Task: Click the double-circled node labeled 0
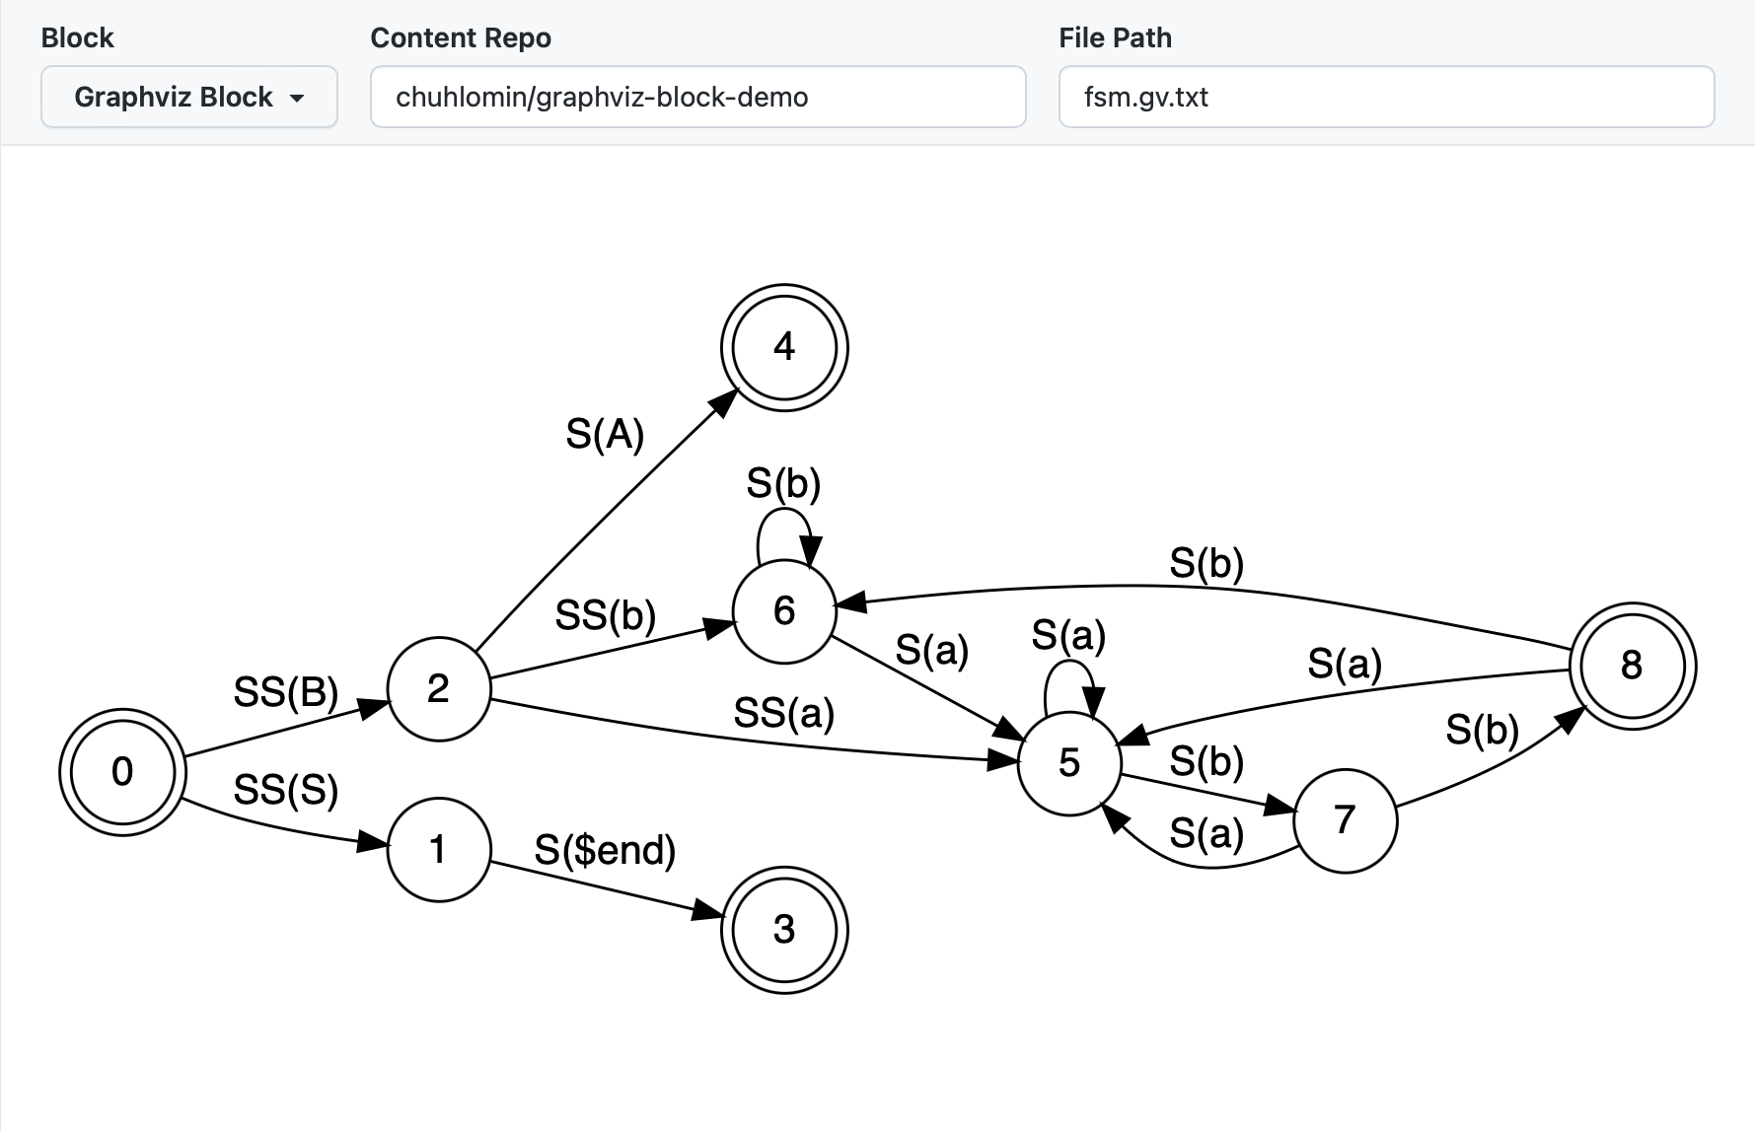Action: [122, 771]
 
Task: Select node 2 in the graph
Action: [439, 688]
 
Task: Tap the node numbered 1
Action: [439, 849]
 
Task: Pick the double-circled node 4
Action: [784, 347]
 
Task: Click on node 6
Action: [784, 610]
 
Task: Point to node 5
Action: [1069, 762]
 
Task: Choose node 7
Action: [1345, 819]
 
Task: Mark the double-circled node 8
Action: [1632, 666]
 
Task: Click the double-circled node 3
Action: [784, 929]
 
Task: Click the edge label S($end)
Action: [605, 850]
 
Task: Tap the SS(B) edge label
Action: [286, 692]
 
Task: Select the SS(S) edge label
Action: [286, 790]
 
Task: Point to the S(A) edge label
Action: [605, 434]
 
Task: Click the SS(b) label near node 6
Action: [606, 615]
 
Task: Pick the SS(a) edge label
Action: [784, 713]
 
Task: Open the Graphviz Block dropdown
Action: [188, 97]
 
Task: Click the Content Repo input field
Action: [697, 97]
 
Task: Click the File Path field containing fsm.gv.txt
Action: [1386, 97]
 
